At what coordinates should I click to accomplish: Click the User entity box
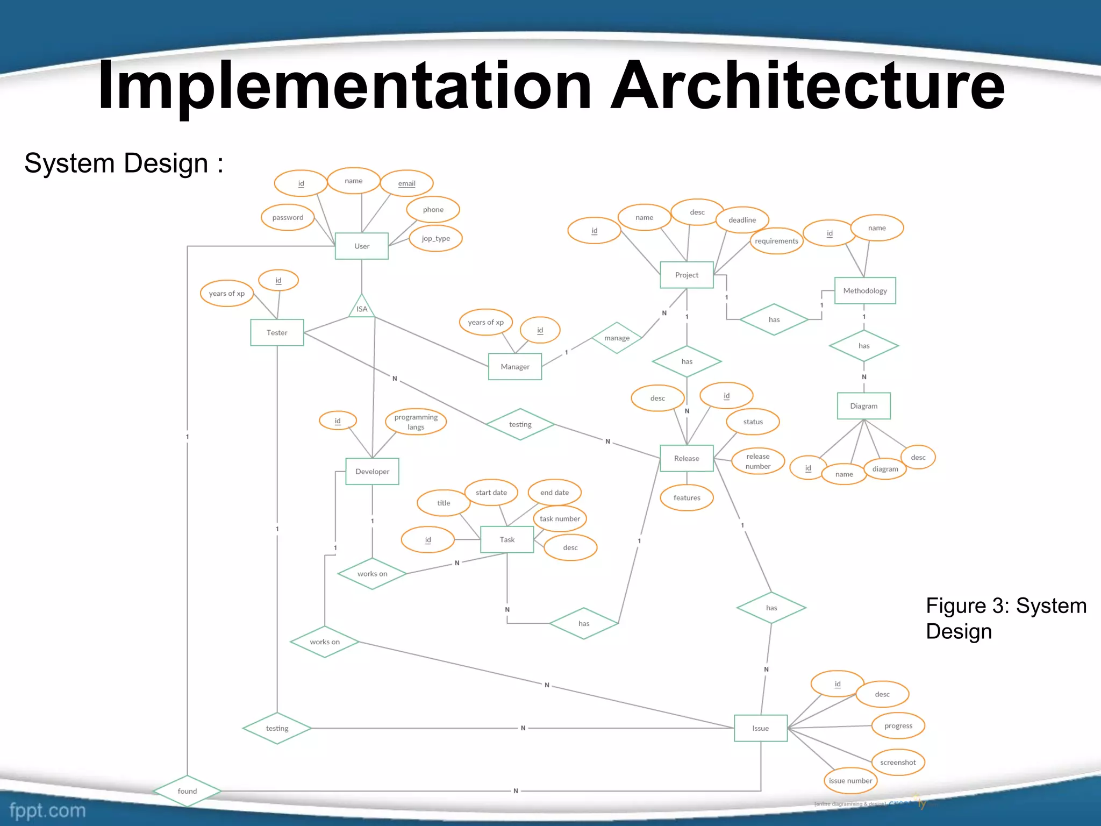361,246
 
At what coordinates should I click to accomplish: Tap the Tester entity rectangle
277,332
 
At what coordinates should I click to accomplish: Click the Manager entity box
514,366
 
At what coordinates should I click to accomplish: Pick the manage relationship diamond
617,338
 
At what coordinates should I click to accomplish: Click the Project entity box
687,275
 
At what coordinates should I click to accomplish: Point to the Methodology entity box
864,290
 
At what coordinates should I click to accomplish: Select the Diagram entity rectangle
863,406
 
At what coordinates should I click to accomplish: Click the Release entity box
687,458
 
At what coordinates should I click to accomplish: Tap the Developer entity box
372,471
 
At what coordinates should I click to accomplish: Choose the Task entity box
507,539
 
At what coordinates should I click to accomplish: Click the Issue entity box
760,728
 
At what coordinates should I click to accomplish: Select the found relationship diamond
187,791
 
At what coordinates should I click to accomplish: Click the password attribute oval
288,217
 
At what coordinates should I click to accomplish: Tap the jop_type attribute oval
435,238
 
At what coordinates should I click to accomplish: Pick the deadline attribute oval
742,220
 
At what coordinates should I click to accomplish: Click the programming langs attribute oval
416,422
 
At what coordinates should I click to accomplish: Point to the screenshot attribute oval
898,762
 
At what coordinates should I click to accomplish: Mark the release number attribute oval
757,461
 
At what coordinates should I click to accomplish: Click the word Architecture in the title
807,86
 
